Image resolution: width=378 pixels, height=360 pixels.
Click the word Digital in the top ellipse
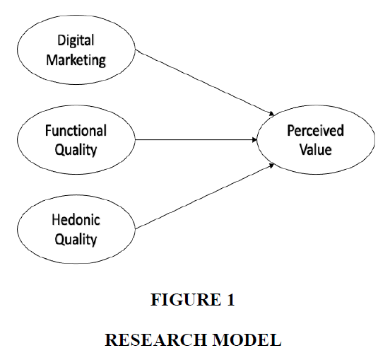76,41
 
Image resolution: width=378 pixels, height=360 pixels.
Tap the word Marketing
76,60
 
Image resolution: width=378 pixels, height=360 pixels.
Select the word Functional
76,131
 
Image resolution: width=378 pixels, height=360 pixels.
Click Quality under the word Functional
76,150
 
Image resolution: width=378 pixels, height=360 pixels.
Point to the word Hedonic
76,220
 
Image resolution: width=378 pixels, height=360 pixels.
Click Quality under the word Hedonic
76,240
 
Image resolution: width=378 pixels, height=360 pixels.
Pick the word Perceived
315,131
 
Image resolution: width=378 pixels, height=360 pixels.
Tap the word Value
316,150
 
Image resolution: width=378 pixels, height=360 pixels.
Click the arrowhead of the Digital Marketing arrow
272,114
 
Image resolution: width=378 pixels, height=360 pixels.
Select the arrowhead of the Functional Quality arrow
254,140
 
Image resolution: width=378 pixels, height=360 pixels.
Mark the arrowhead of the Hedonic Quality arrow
272,166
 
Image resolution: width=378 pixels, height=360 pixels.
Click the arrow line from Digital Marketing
205,83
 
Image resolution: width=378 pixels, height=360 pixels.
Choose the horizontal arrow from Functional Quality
196,140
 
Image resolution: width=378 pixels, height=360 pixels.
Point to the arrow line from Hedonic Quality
205,197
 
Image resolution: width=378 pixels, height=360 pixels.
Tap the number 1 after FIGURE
231,300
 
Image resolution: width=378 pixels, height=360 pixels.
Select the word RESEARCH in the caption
155,339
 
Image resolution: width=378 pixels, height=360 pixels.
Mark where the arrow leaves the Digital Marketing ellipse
136,50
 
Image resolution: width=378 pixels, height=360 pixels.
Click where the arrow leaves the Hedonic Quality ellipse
136,228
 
